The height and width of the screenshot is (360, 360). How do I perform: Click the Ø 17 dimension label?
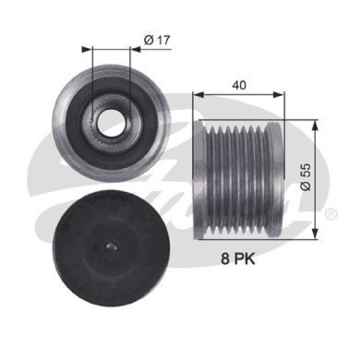pos(158,40)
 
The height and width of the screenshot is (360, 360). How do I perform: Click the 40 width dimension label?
pos(238,85)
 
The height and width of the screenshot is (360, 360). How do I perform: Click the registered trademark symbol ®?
pos(331,214)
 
